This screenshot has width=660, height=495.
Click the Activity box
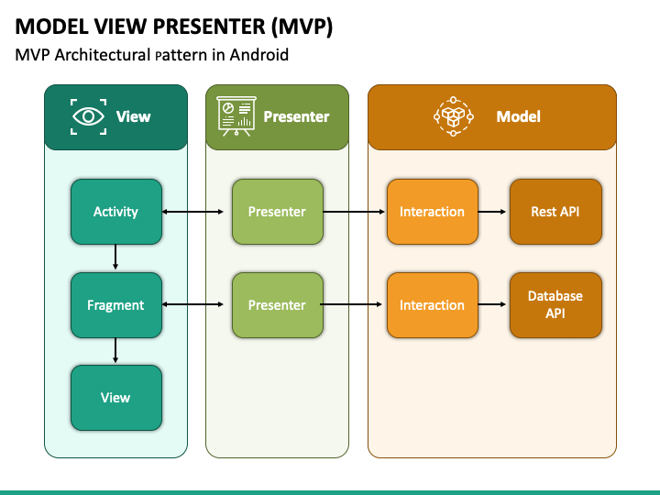click(x=116, y=212)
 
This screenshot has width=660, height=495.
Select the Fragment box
click(x=116, y=305)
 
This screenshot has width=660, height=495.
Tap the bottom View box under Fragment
click(x=116, y=398)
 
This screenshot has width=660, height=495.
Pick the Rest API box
click(x=555, y=212)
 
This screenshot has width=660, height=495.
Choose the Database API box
click(x=555, y=305)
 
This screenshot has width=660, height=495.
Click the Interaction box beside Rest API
click(x=433, y=212)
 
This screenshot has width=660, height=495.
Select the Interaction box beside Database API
click(x=433, y=305)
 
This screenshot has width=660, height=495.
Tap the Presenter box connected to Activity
click(x=278, y=212)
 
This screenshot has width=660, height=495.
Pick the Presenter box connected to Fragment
click(x=278, y=305)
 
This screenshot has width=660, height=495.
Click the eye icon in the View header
click(x=88, y=116)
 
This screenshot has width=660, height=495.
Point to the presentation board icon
click(x=236, y=116)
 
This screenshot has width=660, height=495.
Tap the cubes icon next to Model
click(x=454, y=116)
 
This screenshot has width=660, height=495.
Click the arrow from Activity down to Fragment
click(x=115, y=257)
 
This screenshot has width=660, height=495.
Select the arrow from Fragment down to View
click(x=115, y=350)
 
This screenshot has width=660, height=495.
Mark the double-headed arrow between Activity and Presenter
click(x=192, y=212)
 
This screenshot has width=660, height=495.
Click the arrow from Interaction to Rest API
click(x=492, y=212)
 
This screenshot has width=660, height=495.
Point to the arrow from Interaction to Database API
click(x=492, y=304)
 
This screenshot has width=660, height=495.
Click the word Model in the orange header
click(x=518, y=116)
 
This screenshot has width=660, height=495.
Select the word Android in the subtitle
click(x=258, y=55)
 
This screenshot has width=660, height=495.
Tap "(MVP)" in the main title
click(x=302, y=27)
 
